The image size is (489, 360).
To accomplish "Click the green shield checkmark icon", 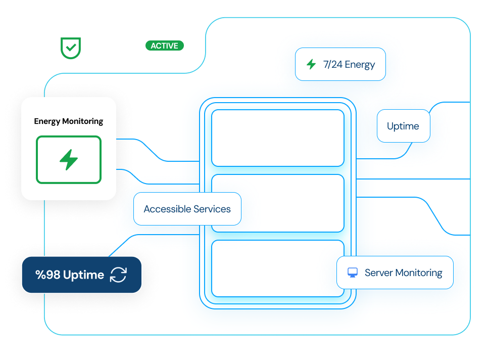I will pyautogui.click(x=70, y=48).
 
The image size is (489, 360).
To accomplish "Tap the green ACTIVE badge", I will pyautogui.click(x=165, y=46).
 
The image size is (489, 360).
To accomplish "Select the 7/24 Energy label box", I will pyautogui.click(x=340, y=64).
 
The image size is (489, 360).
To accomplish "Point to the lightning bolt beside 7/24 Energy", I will pyautogui.click(x=311, y=64).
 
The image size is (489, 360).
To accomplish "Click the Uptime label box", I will pyautogui.click(x=403, y=126).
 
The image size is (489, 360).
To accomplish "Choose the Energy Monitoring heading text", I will pyautogui.click(x=69, y=121).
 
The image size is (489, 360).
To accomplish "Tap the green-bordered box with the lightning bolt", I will pyautogui.click(x=69, y=159).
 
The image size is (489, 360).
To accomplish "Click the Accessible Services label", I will pyautogui.click(x=187, y=209).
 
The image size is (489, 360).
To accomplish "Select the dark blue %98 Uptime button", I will pyautogui.click(x=81, y=275).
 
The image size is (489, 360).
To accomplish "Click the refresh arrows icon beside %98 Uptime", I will pyautogui.click(x=118, y=275).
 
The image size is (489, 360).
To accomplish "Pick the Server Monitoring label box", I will pyautogui.click(x=395, y=273).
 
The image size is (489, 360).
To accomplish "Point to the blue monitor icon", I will pyautogui.click(x=353, y=273).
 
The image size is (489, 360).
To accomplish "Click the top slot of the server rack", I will pyautogui.click(x=277, y=138).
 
